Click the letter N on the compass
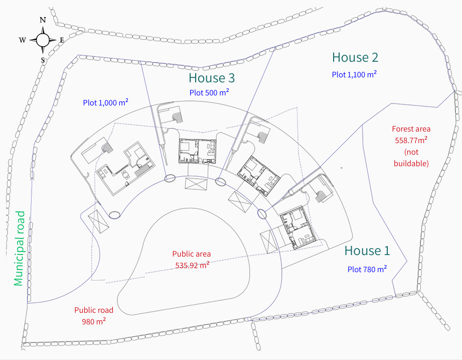click(x=43, y=20)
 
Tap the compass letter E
click(x=62, y=40)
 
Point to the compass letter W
click(x=23, y=40)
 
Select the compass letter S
click(x=43, y=60)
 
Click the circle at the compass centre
click(x=43, y=40)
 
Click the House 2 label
click(x=355, y=57)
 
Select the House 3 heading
click(x=212, y=78)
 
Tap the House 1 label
click(x=367, y=251)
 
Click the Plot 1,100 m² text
click(x=354, y=74)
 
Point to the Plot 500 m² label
click(x=209, y=92)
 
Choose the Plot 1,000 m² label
click(x=105, y=102)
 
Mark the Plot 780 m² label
click(x=367, y=269)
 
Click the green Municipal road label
click(x=20, y=248)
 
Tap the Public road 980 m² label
click(x=94, y=315)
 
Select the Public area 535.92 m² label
click(x=192, y=260)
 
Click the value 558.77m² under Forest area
click(x=411, y=140)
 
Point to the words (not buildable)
click(x=411, y=158)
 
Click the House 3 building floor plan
click(x=198, y=151)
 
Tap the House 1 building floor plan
click(x=297, y=227)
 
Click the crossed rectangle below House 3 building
click(x=196, y=184)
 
